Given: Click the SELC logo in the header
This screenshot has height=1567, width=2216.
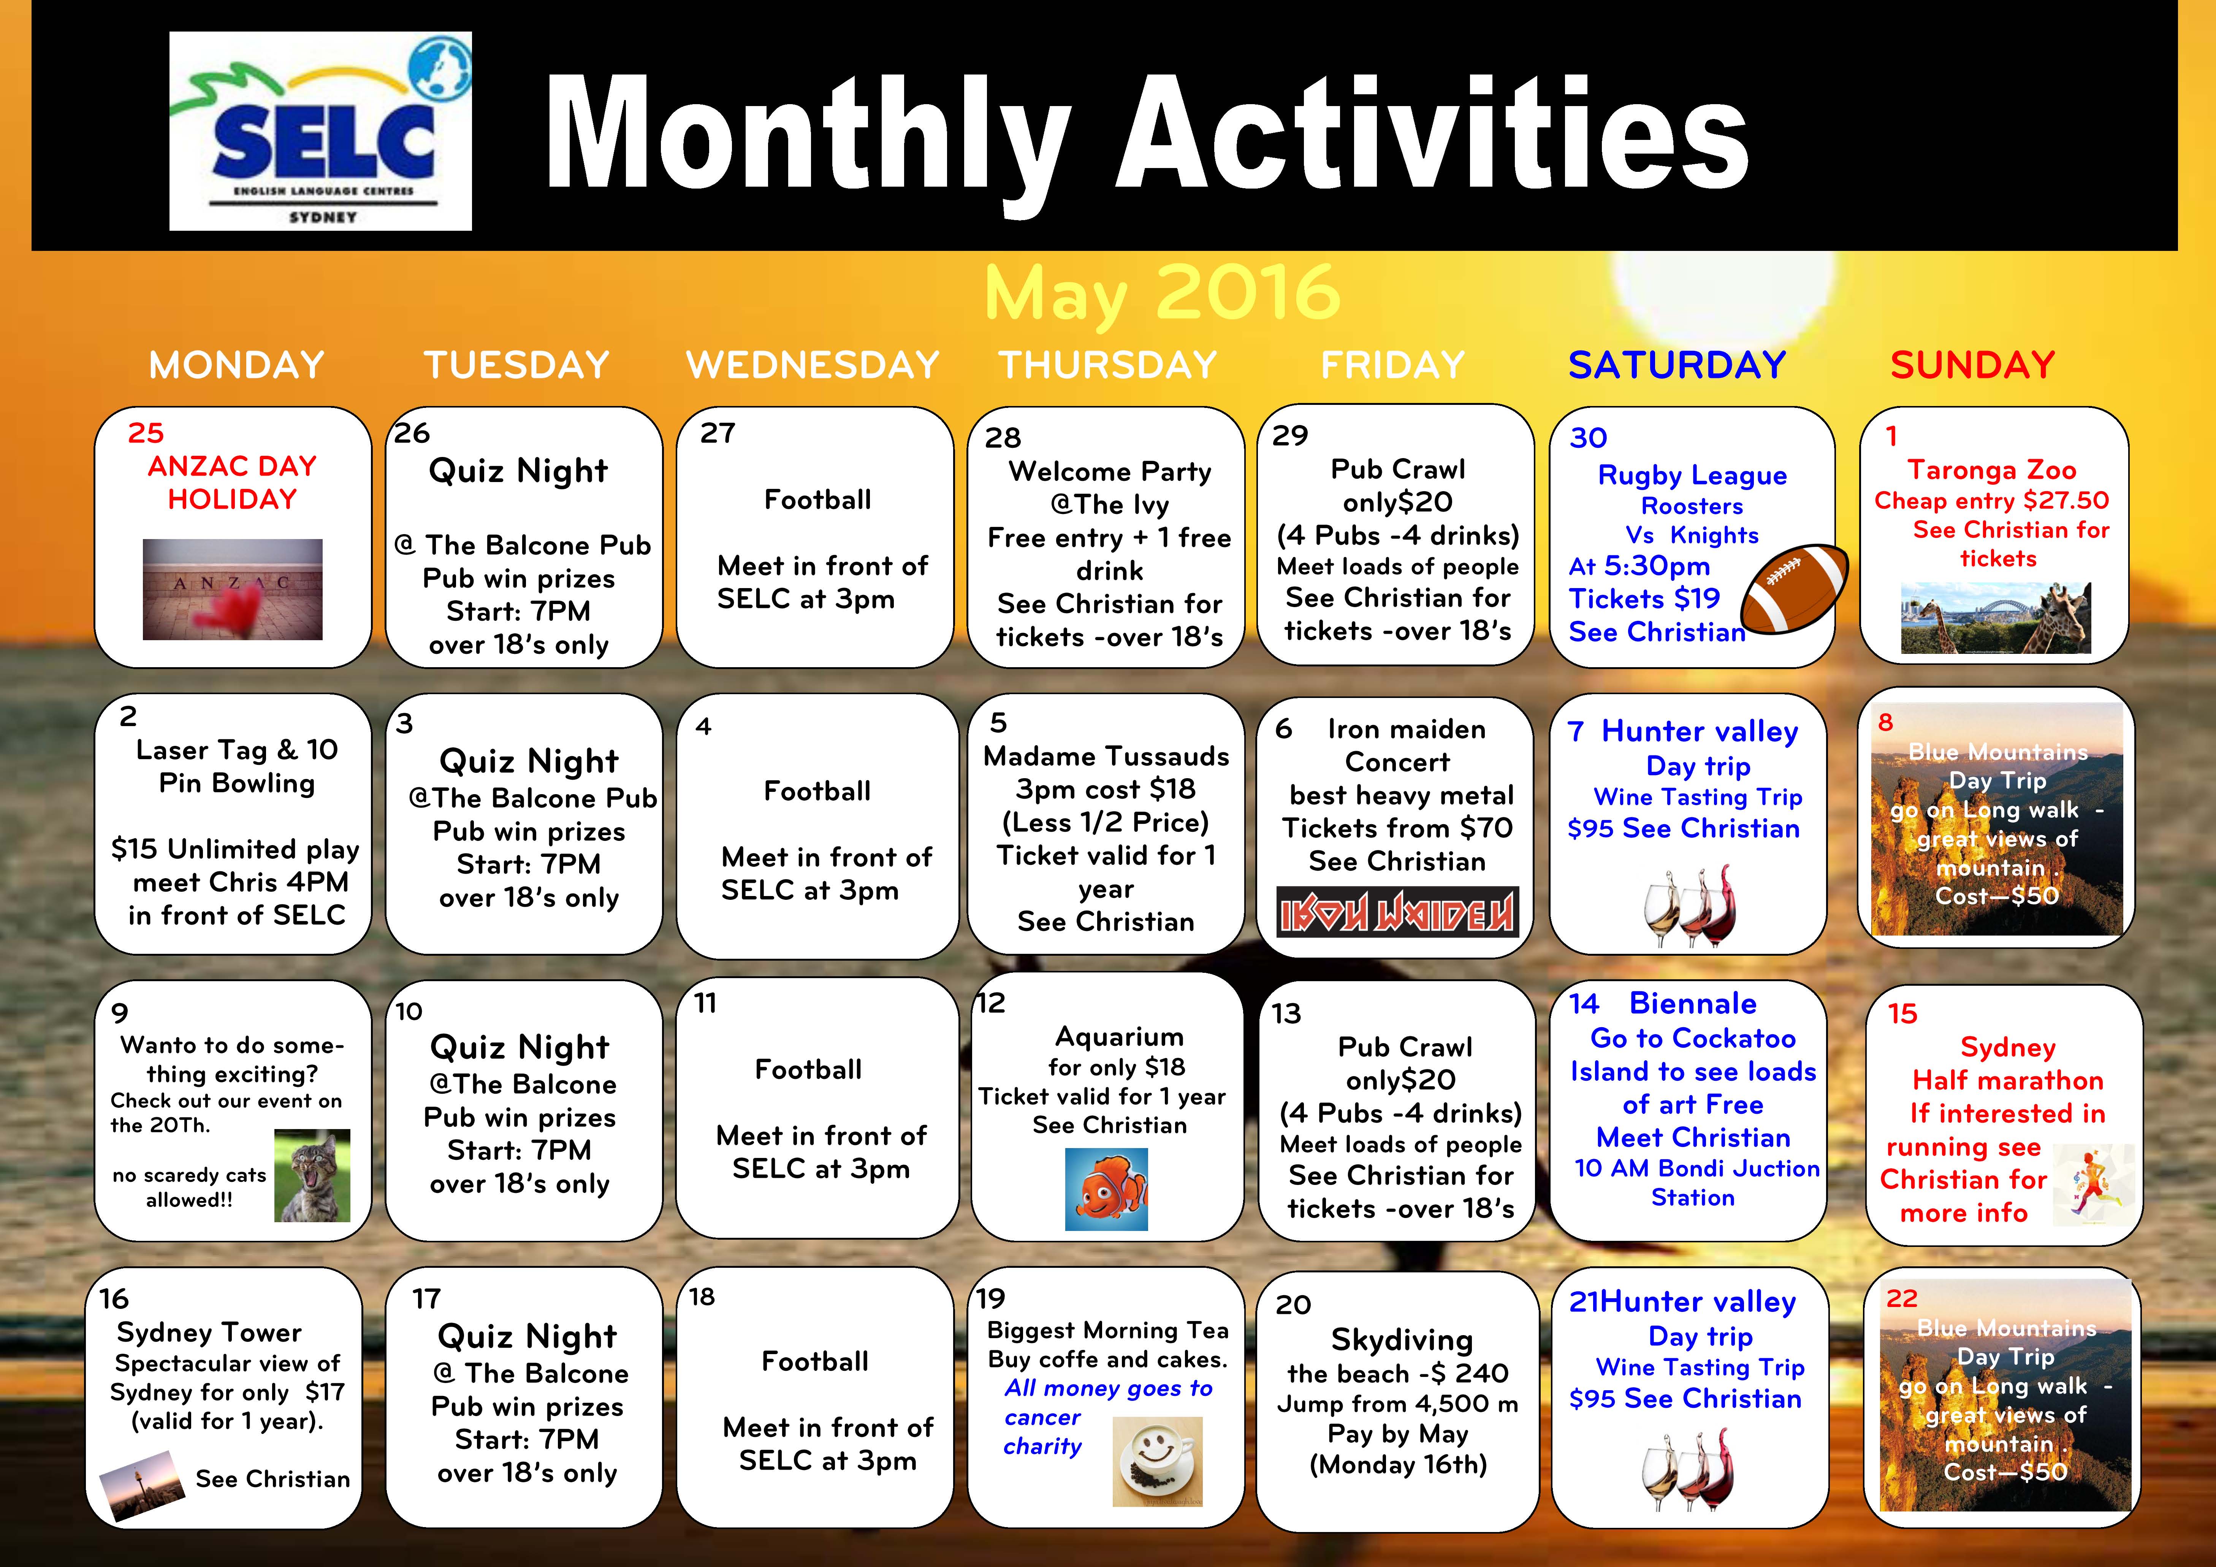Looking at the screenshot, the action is [x=320, y=131].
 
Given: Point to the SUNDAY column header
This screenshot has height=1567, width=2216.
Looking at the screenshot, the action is [x=1973, y=365].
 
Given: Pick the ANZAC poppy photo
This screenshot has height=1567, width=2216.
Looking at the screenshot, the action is [x=233, y=589].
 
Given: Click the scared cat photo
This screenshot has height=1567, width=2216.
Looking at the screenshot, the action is [x=312, y=1175].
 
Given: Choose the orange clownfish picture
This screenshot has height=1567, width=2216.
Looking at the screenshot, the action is [x=1106, y=1188].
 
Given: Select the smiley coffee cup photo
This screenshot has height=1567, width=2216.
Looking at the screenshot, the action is [x=1157, y=1461].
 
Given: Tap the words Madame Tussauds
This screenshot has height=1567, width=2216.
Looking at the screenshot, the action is [x=1106, y=756].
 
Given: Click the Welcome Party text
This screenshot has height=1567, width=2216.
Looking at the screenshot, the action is [x=1110, y=471].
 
